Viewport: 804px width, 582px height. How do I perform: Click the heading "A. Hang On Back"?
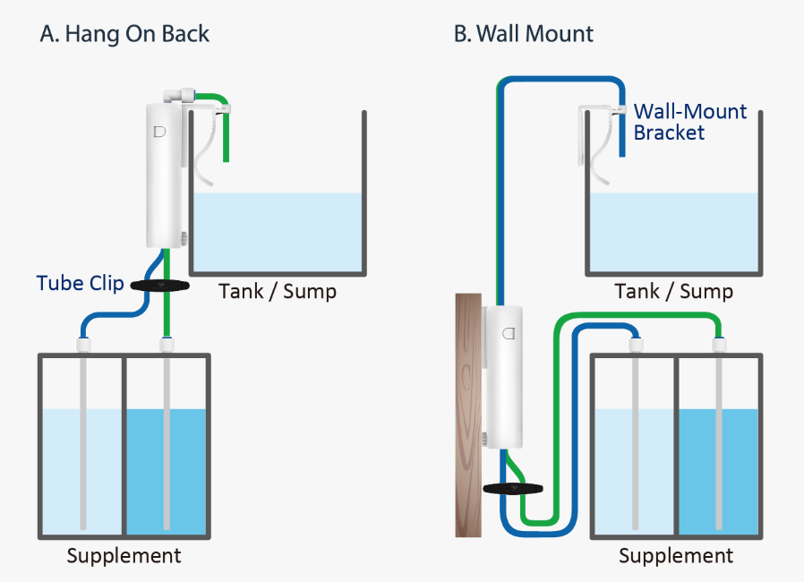click(124, 35)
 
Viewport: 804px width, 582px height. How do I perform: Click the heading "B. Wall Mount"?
click(524, 35)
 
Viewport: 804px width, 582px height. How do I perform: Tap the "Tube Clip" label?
click(80, 284)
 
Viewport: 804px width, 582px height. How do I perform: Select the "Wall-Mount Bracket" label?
click(689, 123)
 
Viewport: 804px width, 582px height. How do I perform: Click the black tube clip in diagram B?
click(513, 489)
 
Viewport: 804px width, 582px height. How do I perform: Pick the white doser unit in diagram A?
click(165, 175)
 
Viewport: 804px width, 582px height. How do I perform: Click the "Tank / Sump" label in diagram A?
click(278, 292)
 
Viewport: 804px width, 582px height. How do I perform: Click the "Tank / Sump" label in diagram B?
click(674, 292)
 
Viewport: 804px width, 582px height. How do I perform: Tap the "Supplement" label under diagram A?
click(124, 556)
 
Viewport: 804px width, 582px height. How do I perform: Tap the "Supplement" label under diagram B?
click(676, 556)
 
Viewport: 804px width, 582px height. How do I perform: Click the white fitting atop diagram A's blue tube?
click(81, 342)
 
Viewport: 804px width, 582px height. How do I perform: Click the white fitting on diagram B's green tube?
click(717, 344)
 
